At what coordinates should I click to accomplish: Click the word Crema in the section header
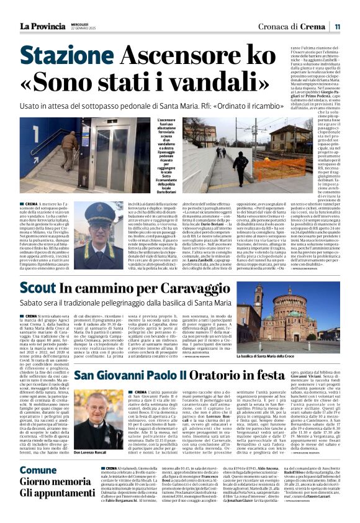(313, 26)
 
